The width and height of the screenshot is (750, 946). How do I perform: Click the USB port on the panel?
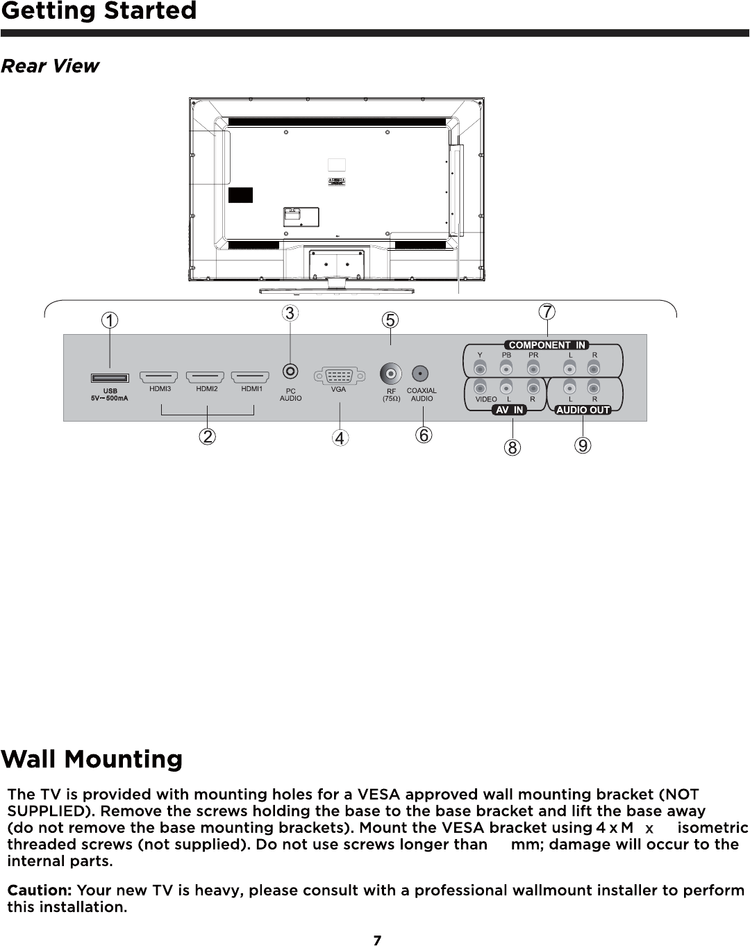click(110, 378)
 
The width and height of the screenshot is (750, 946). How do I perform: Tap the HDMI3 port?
click(159, 377)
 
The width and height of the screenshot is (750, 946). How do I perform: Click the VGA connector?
click(339, 376)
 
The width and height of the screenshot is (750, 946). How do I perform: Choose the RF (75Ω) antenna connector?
click(391, 374)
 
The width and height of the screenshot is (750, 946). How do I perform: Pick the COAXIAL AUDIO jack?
click(420, 374)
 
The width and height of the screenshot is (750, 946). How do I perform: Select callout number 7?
click(548, 312)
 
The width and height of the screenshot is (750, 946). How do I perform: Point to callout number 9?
click(583, 445)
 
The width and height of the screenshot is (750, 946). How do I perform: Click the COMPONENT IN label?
click(548, 345)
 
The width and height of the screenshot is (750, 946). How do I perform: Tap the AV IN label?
click(510, 410)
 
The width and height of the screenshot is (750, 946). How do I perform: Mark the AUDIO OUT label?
click(583, 410)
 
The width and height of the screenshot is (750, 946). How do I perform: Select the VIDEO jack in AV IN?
click(480, 387)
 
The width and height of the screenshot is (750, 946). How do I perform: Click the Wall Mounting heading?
click(92, 759)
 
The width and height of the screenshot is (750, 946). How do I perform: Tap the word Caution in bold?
click(40, 890)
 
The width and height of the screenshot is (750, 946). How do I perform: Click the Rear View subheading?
click(50, 66)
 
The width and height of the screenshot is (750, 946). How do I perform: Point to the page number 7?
click(377, 940)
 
